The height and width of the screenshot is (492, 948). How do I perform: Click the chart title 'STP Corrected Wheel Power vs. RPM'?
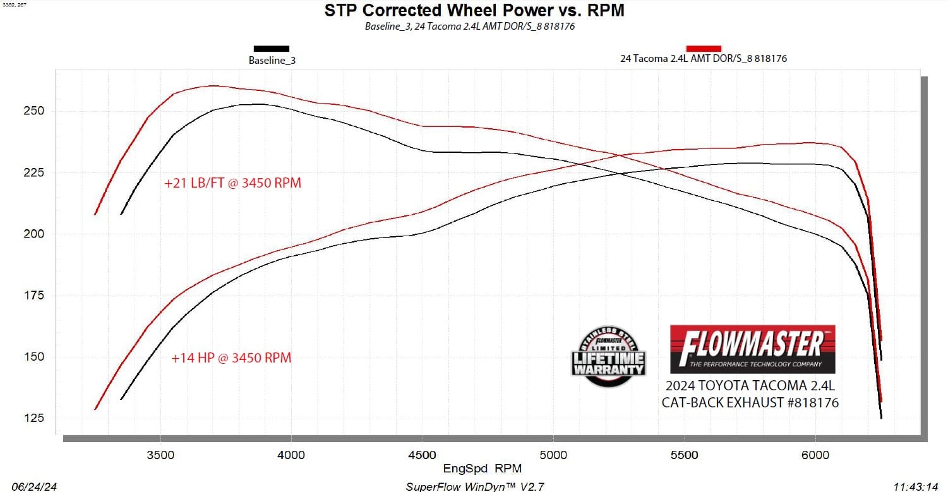[x=474, y=10]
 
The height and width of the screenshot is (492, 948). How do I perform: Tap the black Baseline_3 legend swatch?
[x=272, y=49]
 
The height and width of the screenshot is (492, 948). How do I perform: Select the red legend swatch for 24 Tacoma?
[x=704, y=48]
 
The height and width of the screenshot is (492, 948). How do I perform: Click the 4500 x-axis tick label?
[x=423, y=455]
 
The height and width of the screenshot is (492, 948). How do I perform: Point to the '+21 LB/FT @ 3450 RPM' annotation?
[x=232, y=184]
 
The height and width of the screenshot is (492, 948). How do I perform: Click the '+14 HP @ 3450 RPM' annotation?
[x=231, y=358]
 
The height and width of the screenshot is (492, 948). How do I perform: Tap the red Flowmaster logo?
[x=752, y=349]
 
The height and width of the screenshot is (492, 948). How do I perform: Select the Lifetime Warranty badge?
[x=608, y=357]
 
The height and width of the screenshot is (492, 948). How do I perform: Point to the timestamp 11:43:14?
[x=915, y=486]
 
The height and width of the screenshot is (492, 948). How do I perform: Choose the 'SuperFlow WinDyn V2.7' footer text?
[x=474, y=486]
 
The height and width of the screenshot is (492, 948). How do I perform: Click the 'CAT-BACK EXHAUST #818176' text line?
[x=750, y=402]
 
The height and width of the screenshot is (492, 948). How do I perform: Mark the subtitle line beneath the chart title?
[x=469, y=27]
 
